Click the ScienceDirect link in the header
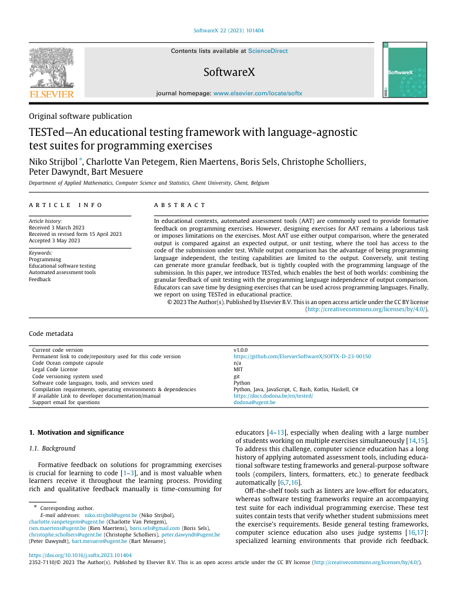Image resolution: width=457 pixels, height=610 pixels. click(268, 51)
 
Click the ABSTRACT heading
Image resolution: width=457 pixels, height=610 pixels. click(180, 205)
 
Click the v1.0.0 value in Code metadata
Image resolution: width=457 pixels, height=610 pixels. click(241, 350)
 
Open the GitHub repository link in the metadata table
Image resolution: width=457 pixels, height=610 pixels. click(302, 356)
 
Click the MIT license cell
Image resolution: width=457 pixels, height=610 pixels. click(238, 369)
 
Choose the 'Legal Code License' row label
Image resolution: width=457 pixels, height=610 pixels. click(55, 369)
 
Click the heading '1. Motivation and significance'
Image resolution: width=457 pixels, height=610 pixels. click(76, 432)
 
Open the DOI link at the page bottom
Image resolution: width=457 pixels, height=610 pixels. click(80, 555)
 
